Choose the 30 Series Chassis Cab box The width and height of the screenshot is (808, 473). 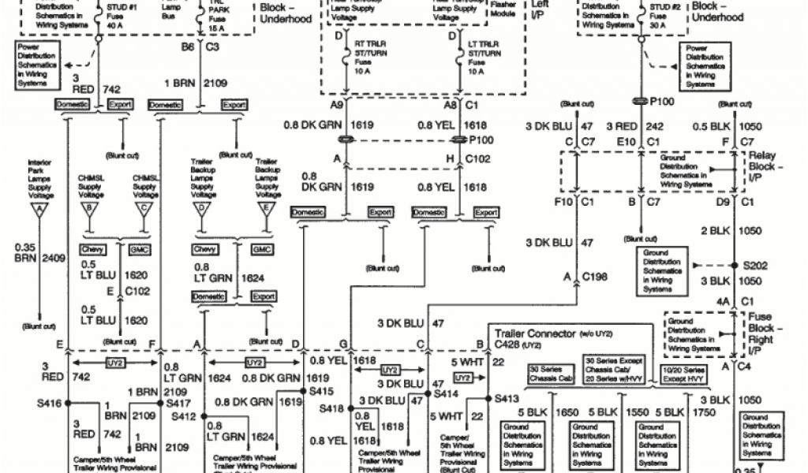click(551, 374)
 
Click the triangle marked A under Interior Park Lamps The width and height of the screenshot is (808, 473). click(39, 210)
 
